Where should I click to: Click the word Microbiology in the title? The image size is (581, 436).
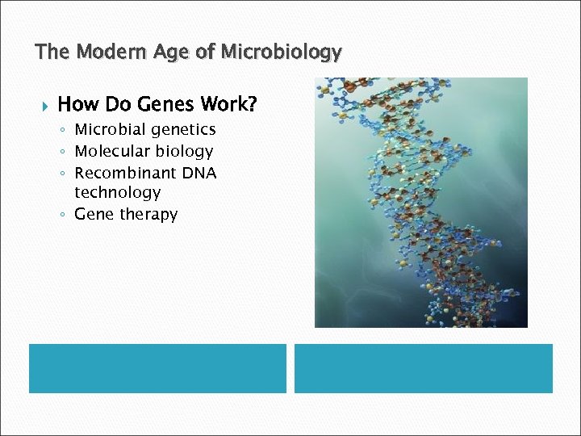click(281, 52)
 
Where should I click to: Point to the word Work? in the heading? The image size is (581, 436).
click(228, 104)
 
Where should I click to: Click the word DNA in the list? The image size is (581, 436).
click(199, 174)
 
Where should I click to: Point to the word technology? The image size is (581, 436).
click(117, 193)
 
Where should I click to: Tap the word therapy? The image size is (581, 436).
click(148, 215)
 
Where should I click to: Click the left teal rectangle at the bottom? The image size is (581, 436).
click(157, 368)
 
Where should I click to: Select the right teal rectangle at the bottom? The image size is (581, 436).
click(423, 368)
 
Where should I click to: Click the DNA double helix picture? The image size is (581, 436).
click(420, 202)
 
